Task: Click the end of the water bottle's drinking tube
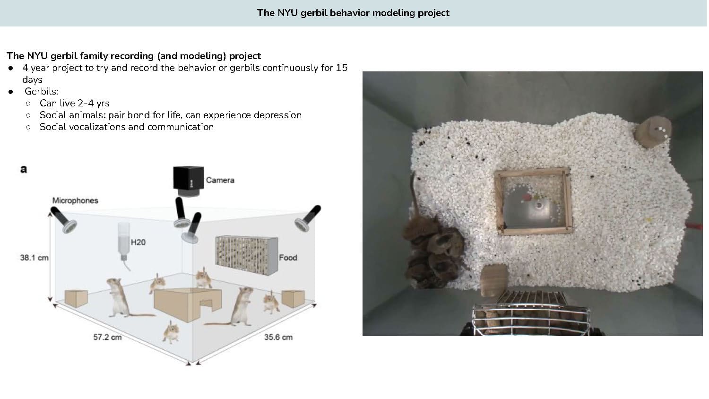(x=130, y=271)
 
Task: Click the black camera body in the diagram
(x=188, y=178)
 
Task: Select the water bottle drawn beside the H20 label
(x=124, y=242)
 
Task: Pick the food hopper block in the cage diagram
(x=247, y=255)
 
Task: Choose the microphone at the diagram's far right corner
(x=308, y=218)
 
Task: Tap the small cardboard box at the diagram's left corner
(x=76, y=298)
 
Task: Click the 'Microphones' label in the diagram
(x=75, y=200)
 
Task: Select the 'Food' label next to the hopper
(x=288, y=258)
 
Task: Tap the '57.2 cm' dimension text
(x=107, y=337)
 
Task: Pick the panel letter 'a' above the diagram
(x=24, y=169)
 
